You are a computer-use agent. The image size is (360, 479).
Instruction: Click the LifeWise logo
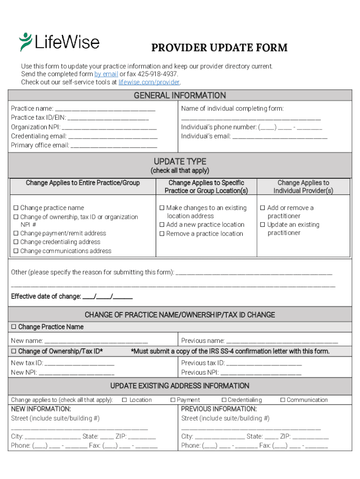pyautogui.click(x=59, y=42)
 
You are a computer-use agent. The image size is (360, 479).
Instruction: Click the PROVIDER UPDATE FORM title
pyautogui.click(x=219, y=48)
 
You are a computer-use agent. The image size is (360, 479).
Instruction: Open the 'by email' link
pyautogui.click(x=106, y=74)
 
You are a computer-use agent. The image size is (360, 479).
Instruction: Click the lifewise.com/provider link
pyautogui.click(x=149, y=82)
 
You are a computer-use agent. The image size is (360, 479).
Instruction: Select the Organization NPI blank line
pyautogui.click(x=109, y=128)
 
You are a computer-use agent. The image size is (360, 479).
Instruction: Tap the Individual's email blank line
pyautogui.click(x=280, y=137)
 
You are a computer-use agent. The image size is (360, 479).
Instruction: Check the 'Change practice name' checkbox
pyautogui.click(x=15, y=208)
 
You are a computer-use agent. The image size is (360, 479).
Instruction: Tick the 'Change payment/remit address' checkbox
pyautogui.click(x=15, y=233)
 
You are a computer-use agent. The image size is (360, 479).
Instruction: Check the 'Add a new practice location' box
pyautogui.click(x=162, y=225)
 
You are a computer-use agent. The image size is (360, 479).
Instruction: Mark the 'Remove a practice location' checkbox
pyautogui.click(x=162, y=234)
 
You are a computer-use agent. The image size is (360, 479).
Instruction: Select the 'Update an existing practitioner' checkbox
pyautogui.click(x=263, y=225)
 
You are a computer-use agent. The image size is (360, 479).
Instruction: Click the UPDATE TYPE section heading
pyautogui.click(x=180, y=162)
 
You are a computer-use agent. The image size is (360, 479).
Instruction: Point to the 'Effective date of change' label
pyautogui.click(x=45, y=297)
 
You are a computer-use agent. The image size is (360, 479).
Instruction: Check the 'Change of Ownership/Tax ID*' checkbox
pyautogui.click(x=14, y=351)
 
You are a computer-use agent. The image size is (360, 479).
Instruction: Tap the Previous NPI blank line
pyautogui.click(x=261, y=373)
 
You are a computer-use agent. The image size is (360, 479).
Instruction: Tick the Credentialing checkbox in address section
pyautogui.click(x=224, y=400)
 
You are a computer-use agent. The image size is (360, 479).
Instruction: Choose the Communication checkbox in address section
pyautogui.click(x=282, y=400)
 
